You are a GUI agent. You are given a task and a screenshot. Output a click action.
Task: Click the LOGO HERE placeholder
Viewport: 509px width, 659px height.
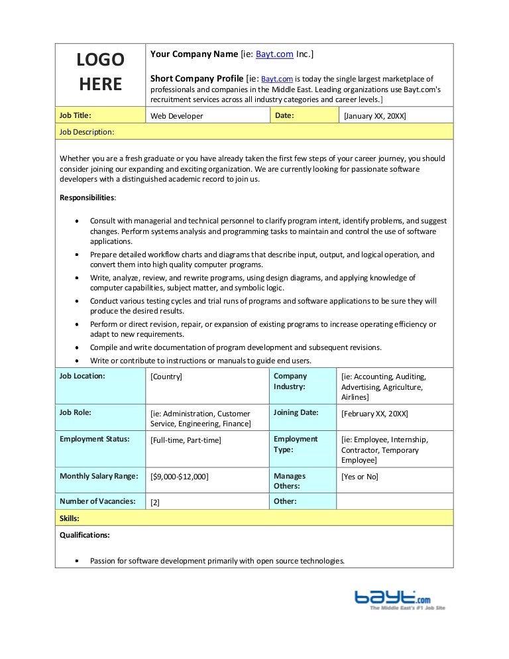pyautogui.click(x=100, y=72)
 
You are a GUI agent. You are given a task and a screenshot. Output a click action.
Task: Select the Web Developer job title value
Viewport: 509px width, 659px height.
pyautogui.click(x=177, y=116)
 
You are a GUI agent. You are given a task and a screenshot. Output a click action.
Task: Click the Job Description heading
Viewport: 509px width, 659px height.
pyautogui.click(x=87, y=132)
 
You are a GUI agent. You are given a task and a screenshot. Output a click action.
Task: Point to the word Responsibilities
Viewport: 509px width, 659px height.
pyautogui.click(x=87, y=198)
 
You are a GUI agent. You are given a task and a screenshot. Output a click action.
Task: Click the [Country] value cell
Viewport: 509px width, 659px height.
pyautogui.click(x=166, y=377)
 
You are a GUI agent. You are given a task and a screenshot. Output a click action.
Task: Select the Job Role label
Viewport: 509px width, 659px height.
pyautogui.click(x=76, y=412)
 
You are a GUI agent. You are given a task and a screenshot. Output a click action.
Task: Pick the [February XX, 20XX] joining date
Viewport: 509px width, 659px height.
pyautogui.click(x=374, y=414)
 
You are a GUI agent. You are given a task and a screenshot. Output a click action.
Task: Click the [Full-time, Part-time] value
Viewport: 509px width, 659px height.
pyautogui.click(x=186, y=440)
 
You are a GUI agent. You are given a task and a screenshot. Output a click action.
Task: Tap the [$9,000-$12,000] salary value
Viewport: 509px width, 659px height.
pyautogui.click(x=180, y=477)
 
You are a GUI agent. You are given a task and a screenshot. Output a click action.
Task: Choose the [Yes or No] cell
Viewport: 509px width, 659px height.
pyautogui.click(x=360, y=477)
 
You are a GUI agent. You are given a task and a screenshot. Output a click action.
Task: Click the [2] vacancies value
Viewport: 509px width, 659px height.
pyautogui.click(x=155, y=503)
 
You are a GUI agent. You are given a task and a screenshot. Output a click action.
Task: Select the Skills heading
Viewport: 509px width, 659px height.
pyautogui.click(x=70, y=518)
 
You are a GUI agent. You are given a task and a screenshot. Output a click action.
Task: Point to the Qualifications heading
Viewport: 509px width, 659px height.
pyautogui.click(x=85, y=535)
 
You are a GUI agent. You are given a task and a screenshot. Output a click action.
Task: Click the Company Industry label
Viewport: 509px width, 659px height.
pyautogui.click(x=290, y=381)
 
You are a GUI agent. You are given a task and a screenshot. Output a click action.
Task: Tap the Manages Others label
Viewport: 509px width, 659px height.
pyautogui.click(x=290, y=481)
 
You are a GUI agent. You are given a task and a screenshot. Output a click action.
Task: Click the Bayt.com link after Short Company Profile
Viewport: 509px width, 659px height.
pyautogui.click(x=277, y=79)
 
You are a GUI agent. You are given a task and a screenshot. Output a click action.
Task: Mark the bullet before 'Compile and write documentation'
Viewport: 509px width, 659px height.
pyautogui.click(x=79, y=348)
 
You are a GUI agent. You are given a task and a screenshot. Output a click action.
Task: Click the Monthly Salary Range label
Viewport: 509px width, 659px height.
pyautogui.click(x=99, y=476)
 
